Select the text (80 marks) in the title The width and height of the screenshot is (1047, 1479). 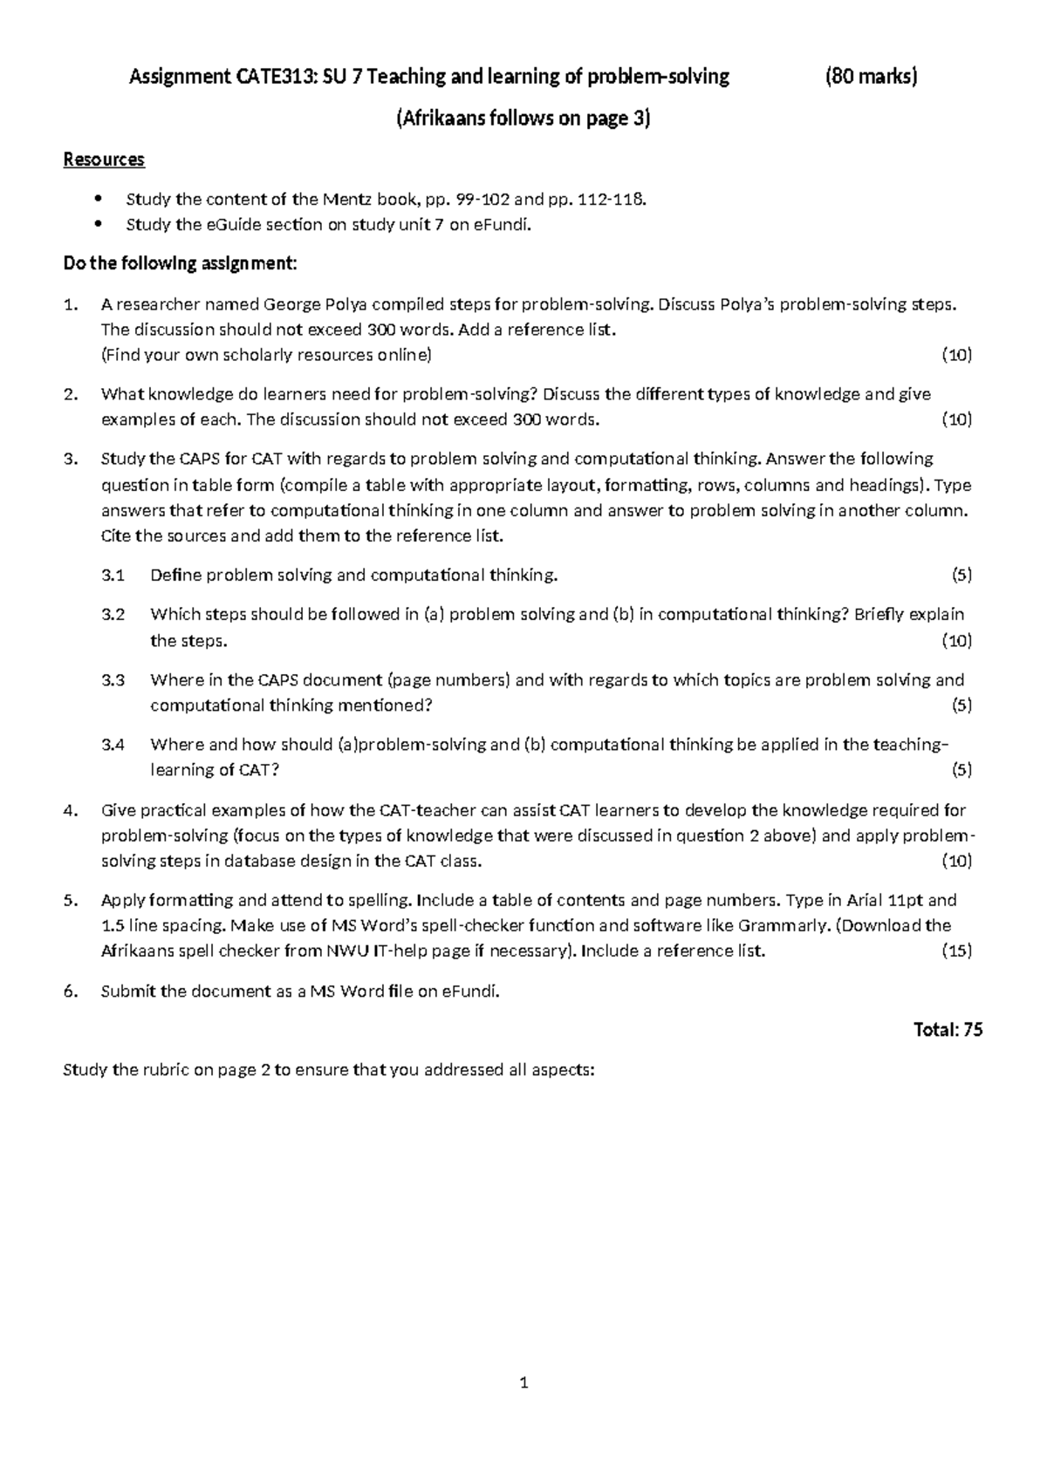[871, 77]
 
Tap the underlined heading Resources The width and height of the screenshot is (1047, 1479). [104, 160]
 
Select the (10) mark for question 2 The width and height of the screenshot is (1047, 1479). [956, 419]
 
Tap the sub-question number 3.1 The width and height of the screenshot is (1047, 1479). [113, 575]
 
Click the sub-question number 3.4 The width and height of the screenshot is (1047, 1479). [113, 744]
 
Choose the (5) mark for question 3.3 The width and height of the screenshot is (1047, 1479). [961, 705]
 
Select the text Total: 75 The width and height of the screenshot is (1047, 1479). [948, 1030]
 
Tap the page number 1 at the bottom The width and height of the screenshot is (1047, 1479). [523, 1382]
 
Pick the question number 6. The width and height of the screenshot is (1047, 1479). [70, 991]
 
